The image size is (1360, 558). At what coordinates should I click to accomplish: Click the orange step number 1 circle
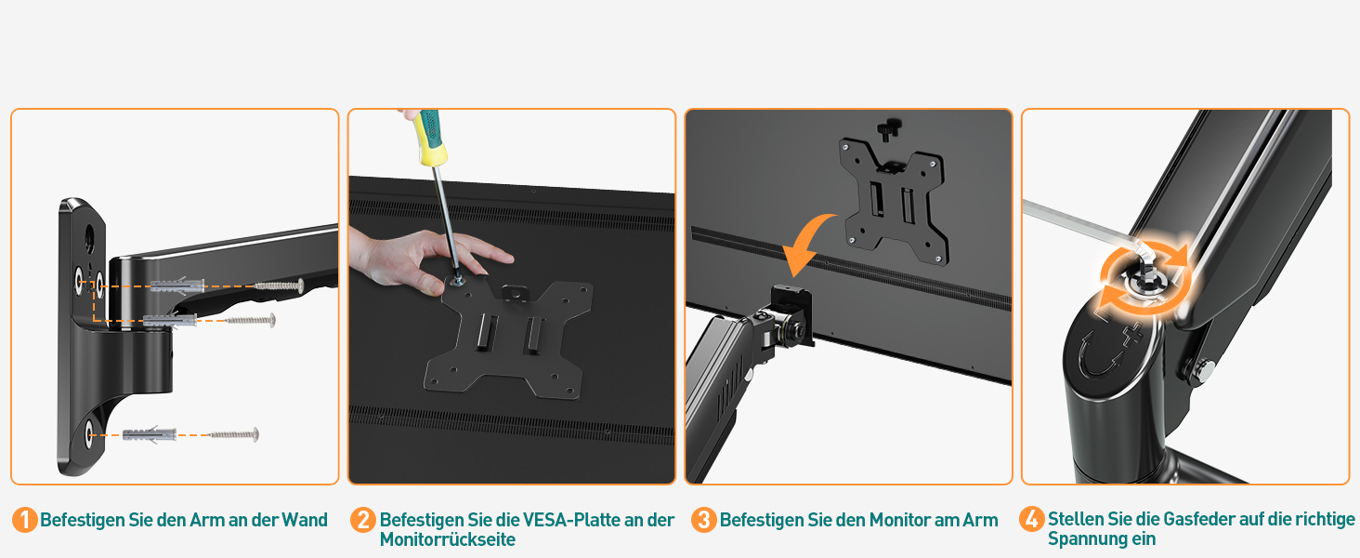25,520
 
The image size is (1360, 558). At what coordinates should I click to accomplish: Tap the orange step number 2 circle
363,520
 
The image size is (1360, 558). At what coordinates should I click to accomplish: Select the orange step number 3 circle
703,520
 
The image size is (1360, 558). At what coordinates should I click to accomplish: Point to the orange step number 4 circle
1031,519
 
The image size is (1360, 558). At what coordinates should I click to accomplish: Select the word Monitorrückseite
448,539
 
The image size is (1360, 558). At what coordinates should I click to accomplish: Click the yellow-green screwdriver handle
432,138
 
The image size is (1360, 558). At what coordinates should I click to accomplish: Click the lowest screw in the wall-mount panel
234,434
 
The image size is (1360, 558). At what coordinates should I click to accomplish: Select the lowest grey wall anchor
150,434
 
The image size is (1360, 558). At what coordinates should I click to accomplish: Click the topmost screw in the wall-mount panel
278,286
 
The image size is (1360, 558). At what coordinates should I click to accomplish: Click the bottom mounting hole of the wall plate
89,435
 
